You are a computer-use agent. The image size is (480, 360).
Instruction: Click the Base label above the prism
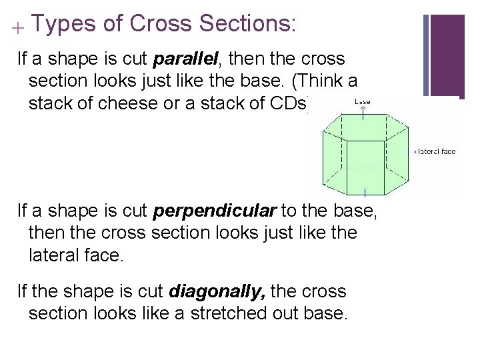coord(363,101)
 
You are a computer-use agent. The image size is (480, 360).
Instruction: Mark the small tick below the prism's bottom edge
coord(365,193)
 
